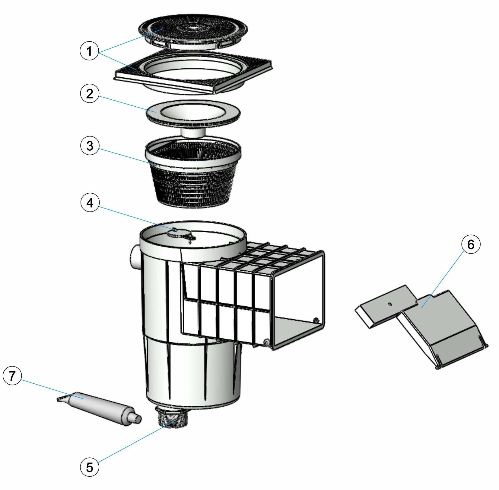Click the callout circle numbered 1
(89, 51)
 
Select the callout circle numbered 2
(90, 93)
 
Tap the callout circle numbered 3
(90, 146)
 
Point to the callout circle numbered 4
(90, 202)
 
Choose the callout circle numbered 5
(89, 467)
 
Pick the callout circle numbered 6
(471, 244)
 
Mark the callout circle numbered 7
(12, 376)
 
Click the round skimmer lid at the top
(193, 30)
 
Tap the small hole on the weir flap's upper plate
(389, 304)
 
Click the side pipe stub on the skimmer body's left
(135, 257)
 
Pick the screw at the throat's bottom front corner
(266, 342)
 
